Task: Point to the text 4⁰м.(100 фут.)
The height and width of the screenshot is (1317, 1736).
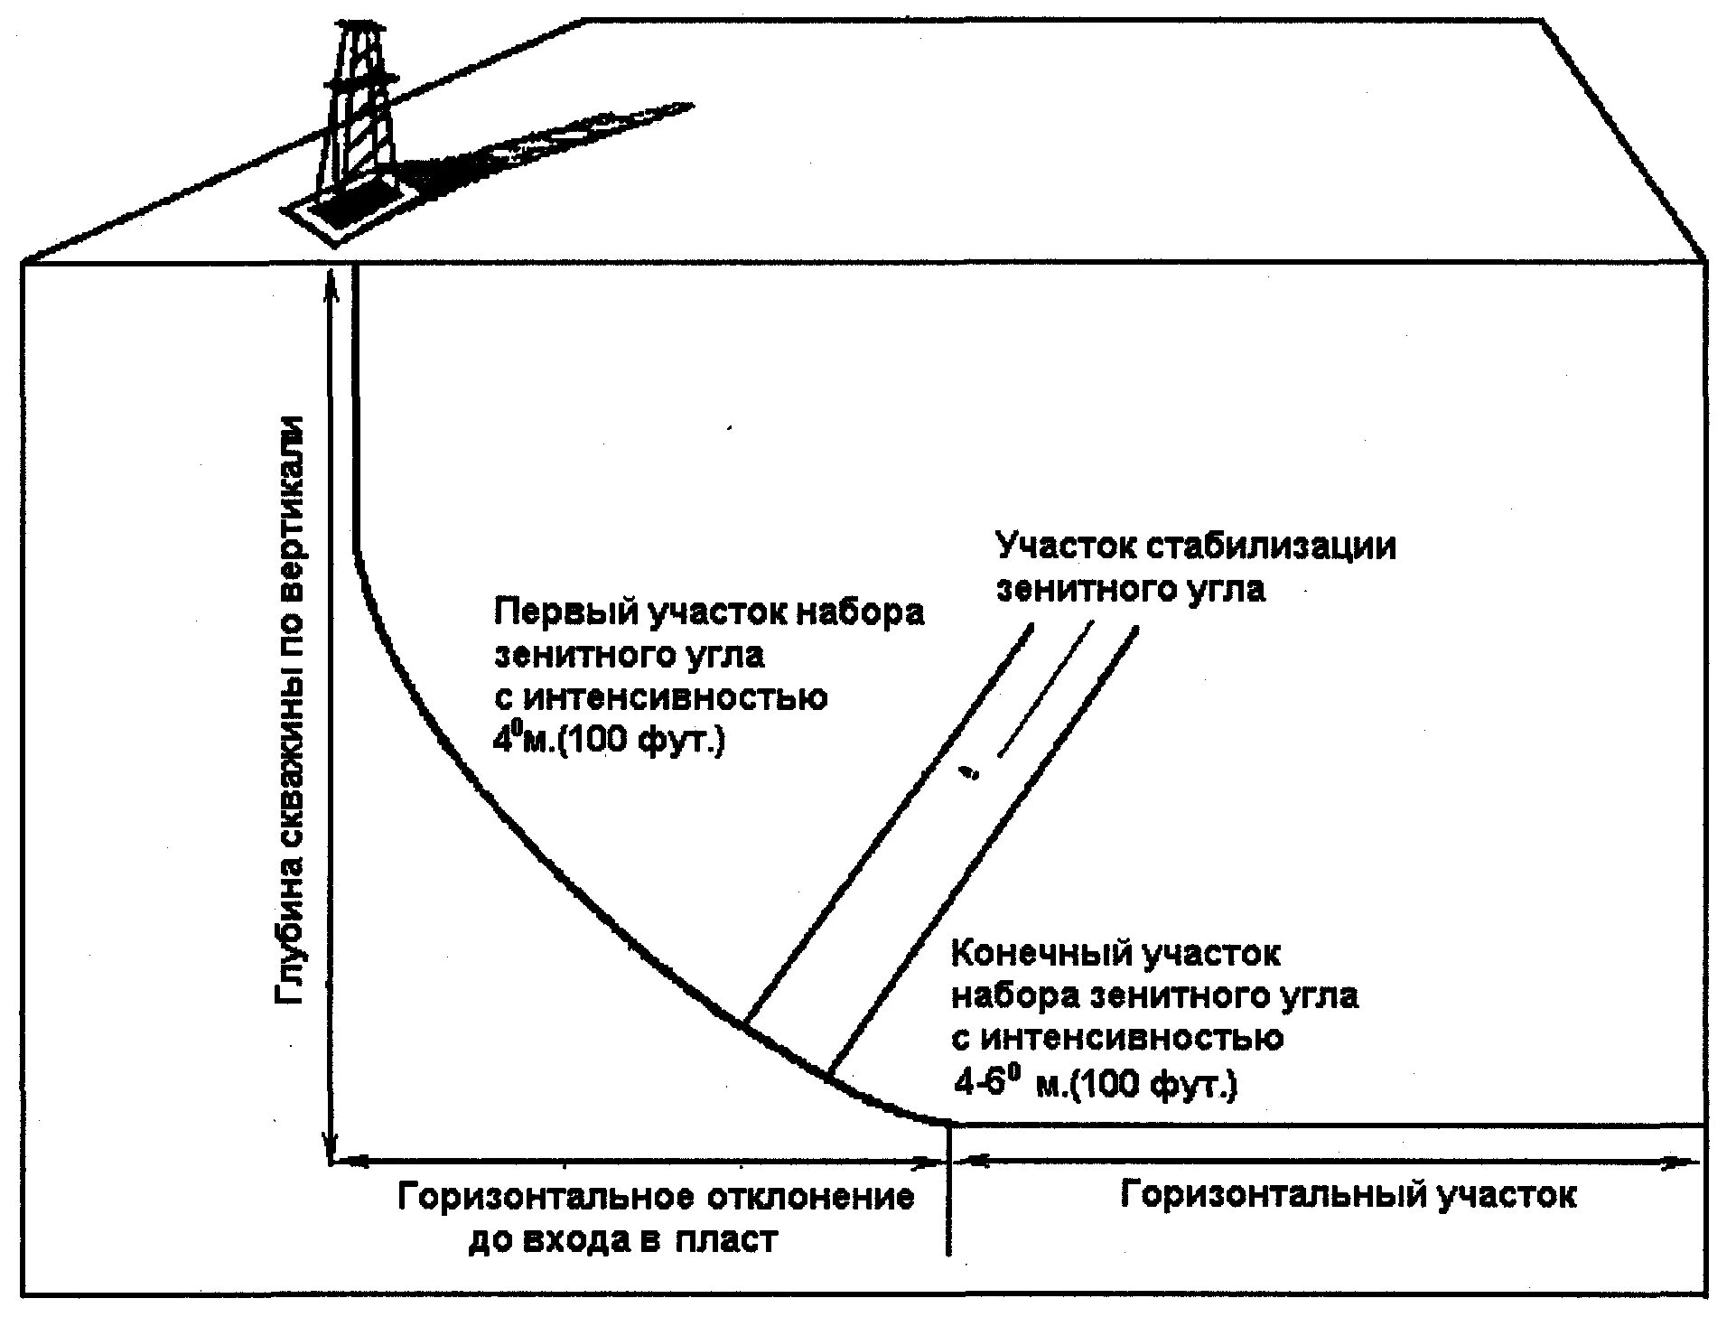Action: coord(608,742)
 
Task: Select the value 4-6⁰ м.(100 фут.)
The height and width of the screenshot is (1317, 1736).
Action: coord(1095,1083)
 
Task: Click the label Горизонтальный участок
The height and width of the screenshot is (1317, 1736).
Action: coord(1349,1195)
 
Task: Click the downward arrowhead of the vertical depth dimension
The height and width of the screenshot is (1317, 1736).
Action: coord(331,1147)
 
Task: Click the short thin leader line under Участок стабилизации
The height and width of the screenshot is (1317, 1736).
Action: coord(1044,689)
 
